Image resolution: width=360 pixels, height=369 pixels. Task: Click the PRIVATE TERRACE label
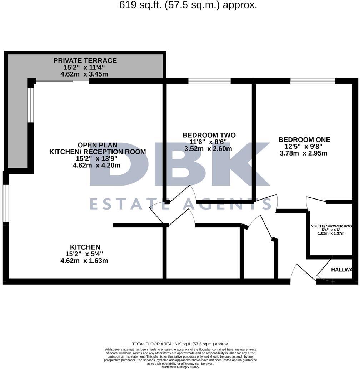tap(85, 60)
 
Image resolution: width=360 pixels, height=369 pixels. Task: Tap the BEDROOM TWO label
tap(209, 135)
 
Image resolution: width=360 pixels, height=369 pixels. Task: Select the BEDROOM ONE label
tap(304, 140)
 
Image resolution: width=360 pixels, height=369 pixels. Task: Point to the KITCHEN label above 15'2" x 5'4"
tap(85, 247)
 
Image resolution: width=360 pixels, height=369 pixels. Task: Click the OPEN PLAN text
tap(97, 145)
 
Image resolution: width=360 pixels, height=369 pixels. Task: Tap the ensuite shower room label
tap(331, 226)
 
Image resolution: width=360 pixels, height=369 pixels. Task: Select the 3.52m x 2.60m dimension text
tap(208, 149)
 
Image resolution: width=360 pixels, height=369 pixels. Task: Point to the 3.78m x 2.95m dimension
tap(304, 153)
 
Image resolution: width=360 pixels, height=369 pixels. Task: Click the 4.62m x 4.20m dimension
tap(96, 165)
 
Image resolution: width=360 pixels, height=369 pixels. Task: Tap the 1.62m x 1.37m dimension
tap(331, 233)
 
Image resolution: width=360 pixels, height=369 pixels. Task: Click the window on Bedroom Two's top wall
tap(210, 81)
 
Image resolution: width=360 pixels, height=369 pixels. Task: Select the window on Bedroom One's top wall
tap(312, 81)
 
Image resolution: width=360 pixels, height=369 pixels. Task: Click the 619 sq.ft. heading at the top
tap(188, 5)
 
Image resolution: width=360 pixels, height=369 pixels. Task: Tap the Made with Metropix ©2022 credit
tap(180, 367)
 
